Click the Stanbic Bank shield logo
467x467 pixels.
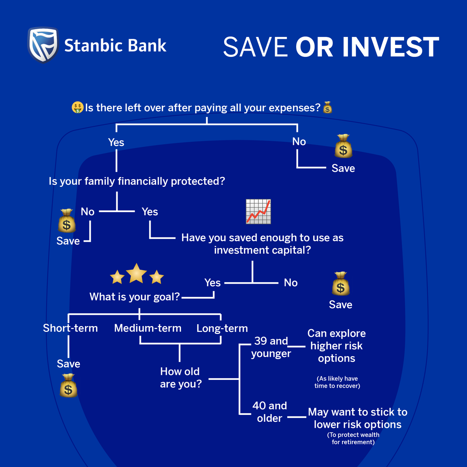click(43, 45)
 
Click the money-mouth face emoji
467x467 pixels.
click(78, 107)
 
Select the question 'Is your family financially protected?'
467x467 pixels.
click(137, 181)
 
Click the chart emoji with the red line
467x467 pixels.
click(258, 212)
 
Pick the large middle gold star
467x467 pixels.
click(136, 273)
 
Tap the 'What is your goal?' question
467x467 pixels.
click(135, 297)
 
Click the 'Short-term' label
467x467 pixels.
click(70, 328)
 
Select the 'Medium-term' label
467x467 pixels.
click(148, 328)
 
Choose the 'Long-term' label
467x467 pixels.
click(222, 328)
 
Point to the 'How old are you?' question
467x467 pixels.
click(181, 377)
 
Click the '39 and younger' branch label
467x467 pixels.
click(271, 347)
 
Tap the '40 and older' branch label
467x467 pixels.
click(269, 412)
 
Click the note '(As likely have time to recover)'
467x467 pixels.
click(337, 382)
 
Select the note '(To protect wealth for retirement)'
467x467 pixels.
click(353, 438)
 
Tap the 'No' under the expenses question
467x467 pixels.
click(299, 142)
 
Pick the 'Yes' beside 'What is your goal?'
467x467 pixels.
click(212, 283)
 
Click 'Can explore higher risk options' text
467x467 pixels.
click(337, 346)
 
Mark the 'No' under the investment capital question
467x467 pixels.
click(291, 283)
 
